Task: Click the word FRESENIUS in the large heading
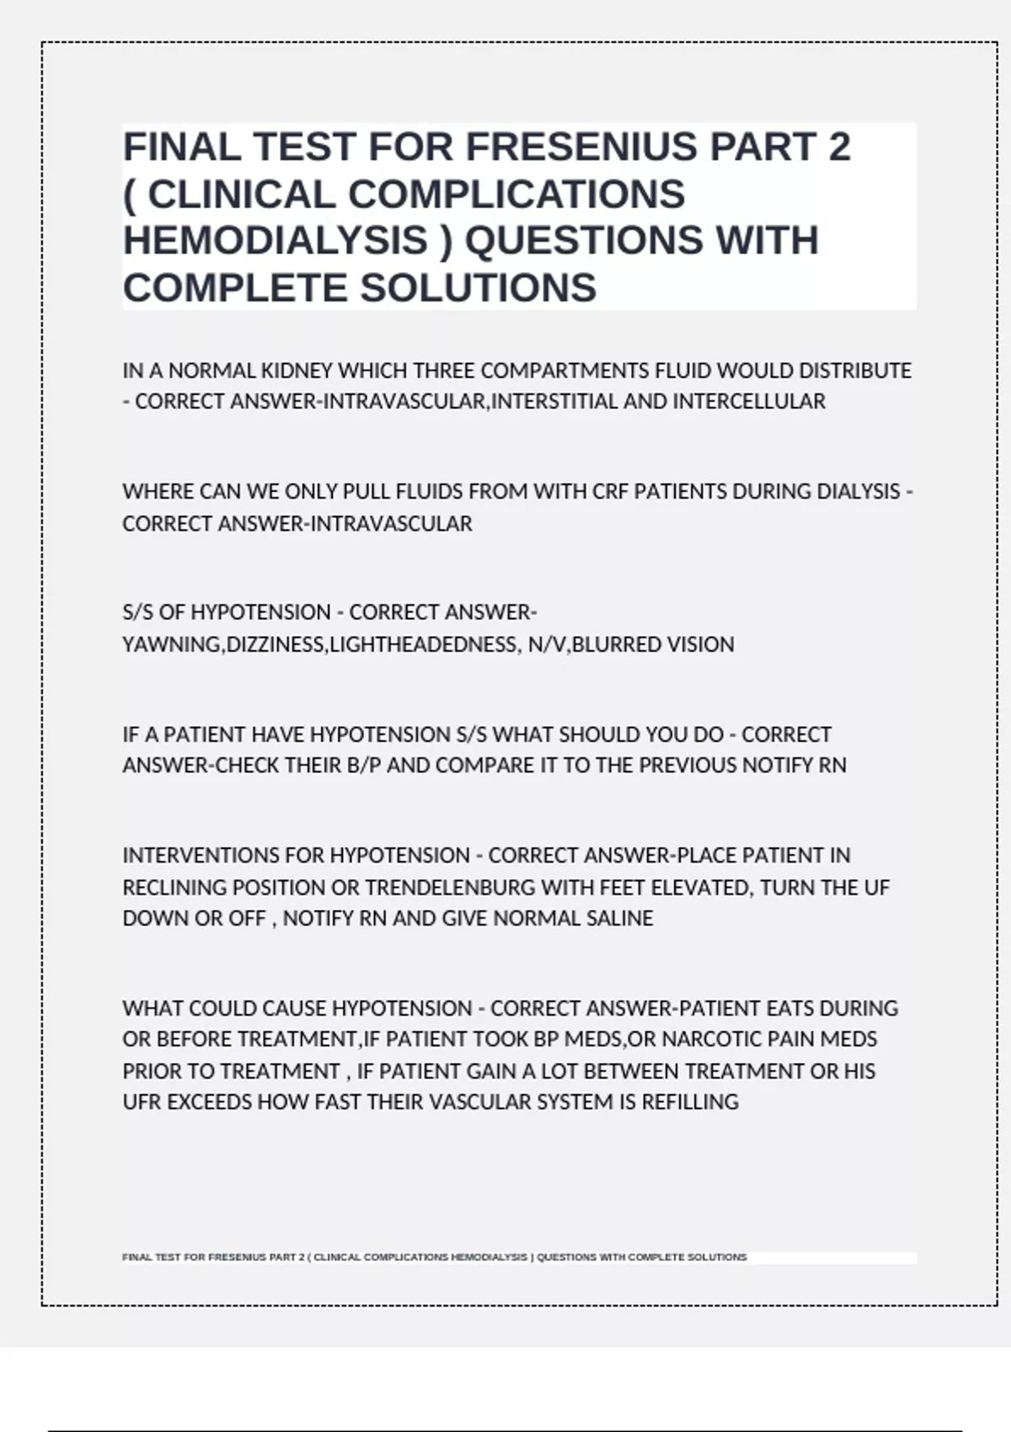tap(581, 147)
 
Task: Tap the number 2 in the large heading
tap(839, 147)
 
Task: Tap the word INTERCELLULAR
tap(749, 402)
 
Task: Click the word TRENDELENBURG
tap(450, 888)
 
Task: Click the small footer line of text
tap(434, 1257)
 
